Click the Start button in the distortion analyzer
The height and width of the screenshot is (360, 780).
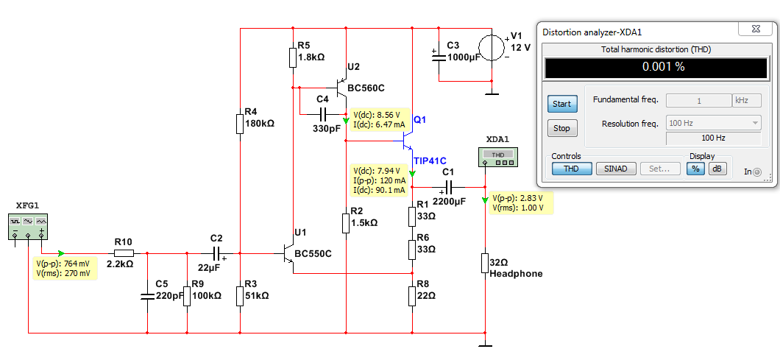561,104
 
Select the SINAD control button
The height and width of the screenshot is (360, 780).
616,169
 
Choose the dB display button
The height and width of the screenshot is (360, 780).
716,169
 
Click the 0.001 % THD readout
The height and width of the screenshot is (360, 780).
656,67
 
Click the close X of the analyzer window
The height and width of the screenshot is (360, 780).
755,29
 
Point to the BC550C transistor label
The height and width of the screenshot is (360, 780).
313,253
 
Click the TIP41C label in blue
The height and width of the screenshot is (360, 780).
430,160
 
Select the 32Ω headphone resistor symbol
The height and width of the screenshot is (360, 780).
484,263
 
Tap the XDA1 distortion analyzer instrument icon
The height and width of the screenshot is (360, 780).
497,157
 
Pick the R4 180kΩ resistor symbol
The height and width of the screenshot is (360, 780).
241,124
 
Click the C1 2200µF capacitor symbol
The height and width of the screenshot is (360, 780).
449,187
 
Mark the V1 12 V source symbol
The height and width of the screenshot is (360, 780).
492,48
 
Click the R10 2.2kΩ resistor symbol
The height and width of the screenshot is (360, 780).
124,253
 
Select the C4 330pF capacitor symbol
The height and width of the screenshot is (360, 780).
323,114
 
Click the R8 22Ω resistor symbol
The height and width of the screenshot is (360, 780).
412,296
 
